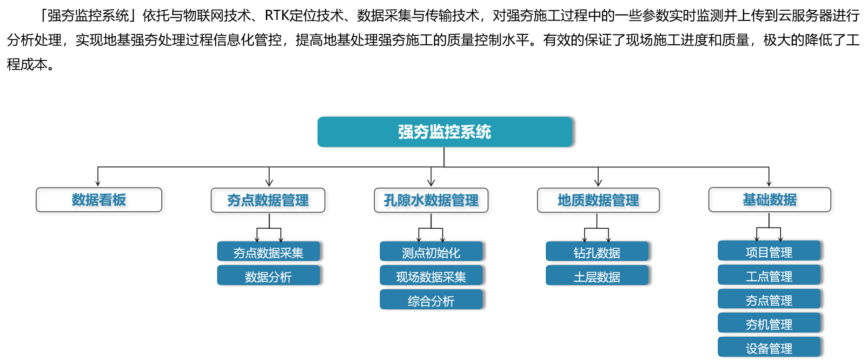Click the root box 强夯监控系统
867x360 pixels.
pyautogui.click(x=444, y=132)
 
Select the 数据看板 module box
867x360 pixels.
pyautogui.click(x=101, y=201)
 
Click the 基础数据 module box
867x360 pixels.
pyautogui.click(x=771, y=201)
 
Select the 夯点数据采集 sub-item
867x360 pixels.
pyautogui.click(x=268, y=252)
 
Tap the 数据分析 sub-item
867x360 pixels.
pyautogui.click(x=268, y=275)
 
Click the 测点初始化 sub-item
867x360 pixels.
pyautogui.click(x=431, y=252)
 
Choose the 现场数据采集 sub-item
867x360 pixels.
pyautogui.click(x=431, y=275)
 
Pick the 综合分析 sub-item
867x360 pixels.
pyautogui.click(x=431, y=300)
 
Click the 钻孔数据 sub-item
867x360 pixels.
pyautogui.click(x=597, y=252)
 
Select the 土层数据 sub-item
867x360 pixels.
pyautogui.click(x=597, y=275)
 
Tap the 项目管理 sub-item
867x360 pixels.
pyautogui.click(x=769, y=251)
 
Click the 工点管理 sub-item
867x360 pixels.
pyautogui.click(x=769, y=275)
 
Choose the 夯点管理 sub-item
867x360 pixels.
pyautogui.click(x=769, y=299)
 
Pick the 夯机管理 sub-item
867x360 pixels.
pyautogui.click(x=769, y=323)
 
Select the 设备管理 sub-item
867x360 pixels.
pyautogui.click(x=769, y=347)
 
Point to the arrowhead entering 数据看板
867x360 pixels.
pyautogui.click(x=98, y=183)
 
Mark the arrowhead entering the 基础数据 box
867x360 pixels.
pyautogui.click(x=769, y=183)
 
